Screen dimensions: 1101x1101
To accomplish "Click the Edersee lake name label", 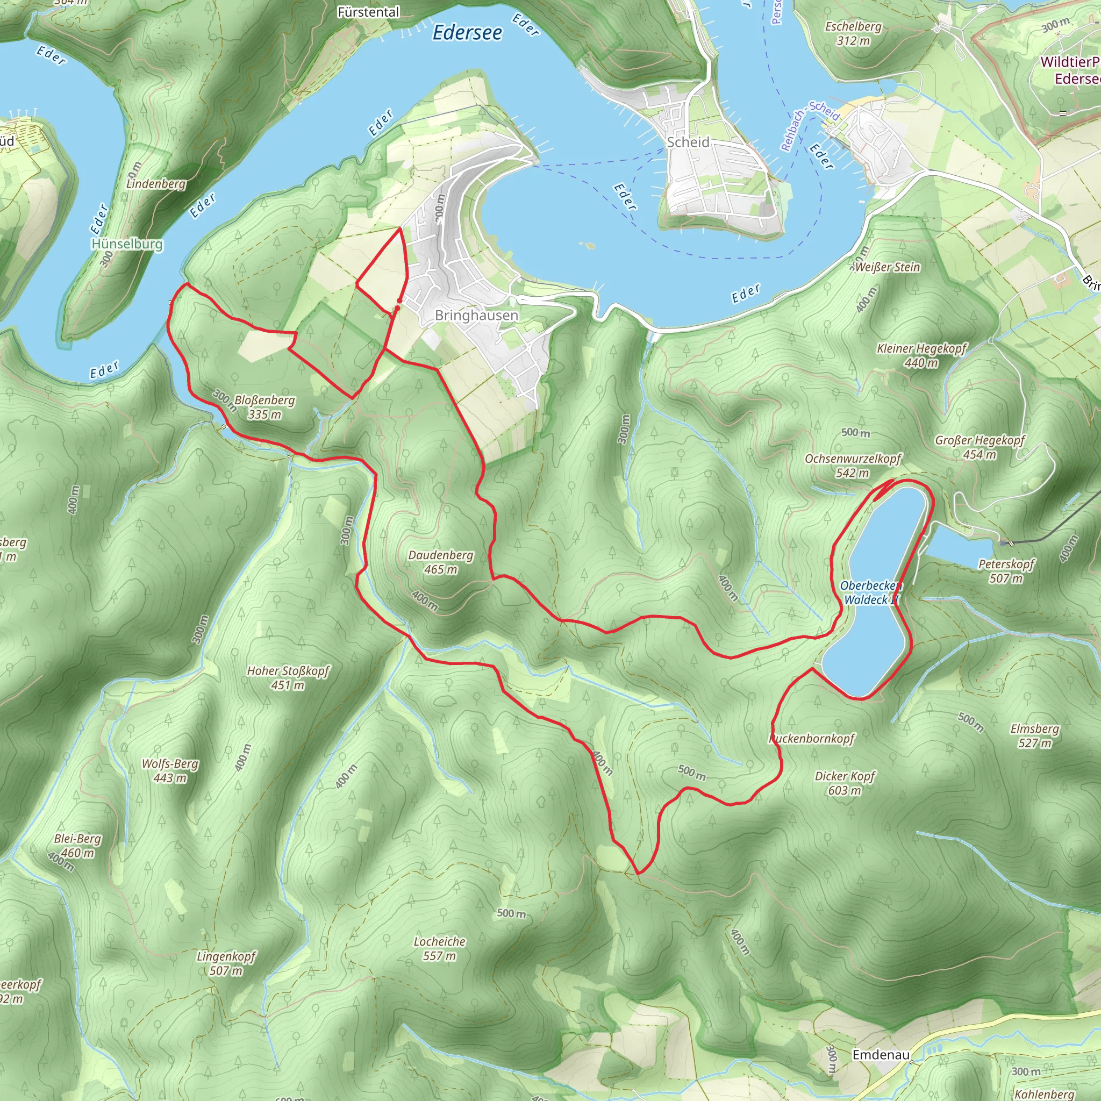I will pyautogui.click(x=467, y=33).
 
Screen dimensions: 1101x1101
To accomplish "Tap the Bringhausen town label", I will pyautogui.click(x=476, y=315).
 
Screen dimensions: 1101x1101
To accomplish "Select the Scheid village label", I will pyautogui.click(x=688, y=142).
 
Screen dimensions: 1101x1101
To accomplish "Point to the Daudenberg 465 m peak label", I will pyautogui.click(x=440, y=562).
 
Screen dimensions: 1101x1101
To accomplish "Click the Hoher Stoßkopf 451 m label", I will pyautogui.click(x=288, y=677).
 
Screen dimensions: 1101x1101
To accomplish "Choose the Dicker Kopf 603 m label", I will pyautogui.click(x=845, y=783).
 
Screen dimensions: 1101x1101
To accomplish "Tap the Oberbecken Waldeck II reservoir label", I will pyautogui.click(x=870, y=592).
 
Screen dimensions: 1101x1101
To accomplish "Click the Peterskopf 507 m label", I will pyautogui.click(x=1006, y=571).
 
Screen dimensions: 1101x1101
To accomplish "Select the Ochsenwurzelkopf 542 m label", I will pyautogui.click(x=853, y=466).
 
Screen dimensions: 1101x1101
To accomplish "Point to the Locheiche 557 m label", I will pyautogui.click(x=439, y=948).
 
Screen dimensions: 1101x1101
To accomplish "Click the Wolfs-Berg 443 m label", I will pyautogui.click(x=170, y=770).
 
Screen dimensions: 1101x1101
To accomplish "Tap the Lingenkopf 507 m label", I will pyautogui.click(x=226, y=963).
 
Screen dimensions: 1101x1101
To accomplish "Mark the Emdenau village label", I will pyautogui.click(x=881, y=1055).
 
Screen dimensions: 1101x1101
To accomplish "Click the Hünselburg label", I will pyautogui.click(x=127, y=244).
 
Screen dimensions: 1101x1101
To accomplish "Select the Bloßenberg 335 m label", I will pyautogui.click(x=264, y=407).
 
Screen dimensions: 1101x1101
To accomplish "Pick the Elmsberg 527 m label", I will pyautogui.click(x=1034, y=736).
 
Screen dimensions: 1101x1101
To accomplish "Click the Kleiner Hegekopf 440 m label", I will pyautogui.click(x=921, y=355).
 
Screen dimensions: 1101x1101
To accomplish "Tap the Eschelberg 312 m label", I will pyautogui.click(x=853, y=33).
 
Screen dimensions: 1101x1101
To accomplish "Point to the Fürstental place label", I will pyautogui.click(x=368, y=12).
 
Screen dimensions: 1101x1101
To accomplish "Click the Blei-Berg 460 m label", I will pyautogui.click(x=77, y=846).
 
